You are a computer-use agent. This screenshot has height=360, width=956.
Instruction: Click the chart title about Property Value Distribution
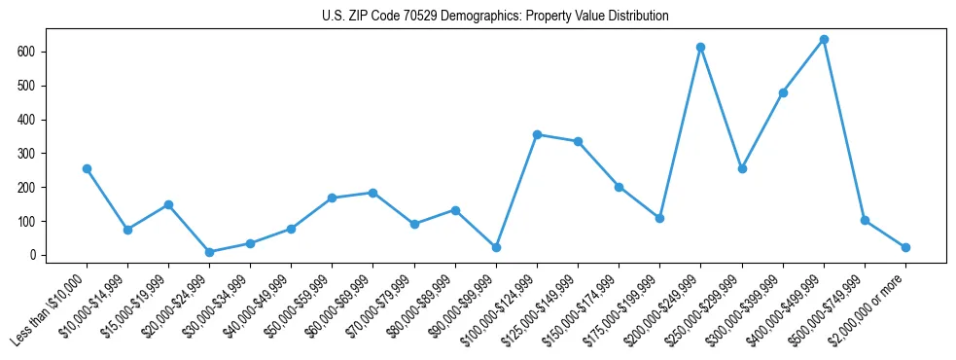[495, 17]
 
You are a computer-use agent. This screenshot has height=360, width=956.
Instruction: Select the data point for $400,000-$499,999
[824, 40]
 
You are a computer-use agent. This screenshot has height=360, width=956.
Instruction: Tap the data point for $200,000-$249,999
[700, 47]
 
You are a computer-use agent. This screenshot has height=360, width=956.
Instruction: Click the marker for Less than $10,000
[87, 168]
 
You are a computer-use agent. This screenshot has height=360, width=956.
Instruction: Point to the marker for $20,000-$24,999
[210, 252]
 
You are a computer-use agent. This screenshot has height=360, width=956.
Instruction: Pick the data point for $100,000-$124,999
[537, 134]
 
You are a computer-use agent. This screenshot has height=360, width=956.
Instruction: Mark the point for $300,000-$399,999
[783, 92]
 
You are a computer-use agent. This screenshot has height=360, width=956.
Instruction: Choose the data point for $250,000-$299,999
[742, 168]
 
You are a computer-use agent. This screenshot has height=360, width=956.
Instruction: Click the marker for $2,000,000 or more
[905, 247]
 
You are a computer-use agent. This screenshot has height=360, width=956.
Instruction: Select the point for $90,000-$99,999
[496, 247]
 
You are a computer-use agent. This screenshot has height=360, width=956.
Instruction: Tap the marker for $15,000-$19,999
[168, 204]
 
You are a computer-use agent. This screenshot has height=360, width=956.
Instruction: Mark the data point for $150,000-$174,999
[619, 187]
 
